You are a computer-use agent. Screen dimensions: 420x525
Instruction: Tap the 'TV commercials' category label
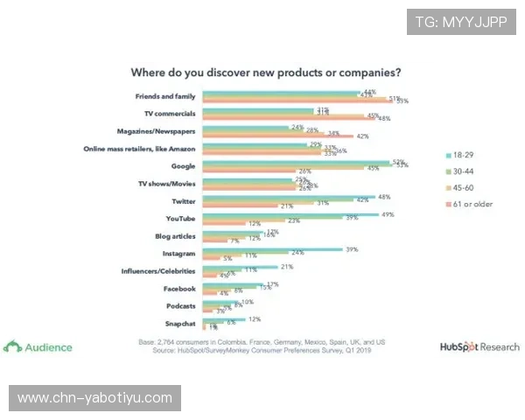[x=170, y=114]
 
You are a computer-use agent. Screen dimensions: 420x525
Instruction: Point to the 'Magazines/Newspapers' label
[x=157, y=130]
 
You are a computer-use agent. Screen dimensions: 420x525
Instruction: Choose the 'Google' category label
[x=183, y=165]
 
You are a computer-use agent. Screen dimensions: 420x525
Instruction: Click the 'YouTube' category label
[x=181, y=217]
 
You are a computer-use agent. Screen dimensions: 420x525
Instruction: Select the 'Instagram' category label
[x=178, y=252]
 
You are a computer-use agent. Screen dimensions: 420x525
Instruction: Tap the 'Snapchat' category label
[x=179, y=322]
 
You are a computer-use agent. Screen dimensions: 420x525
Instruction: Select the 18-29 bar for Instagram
[x=273, y=249]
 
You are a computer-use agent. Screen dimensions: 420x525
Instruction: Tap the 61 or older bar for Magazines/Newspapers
[x=277, y=136]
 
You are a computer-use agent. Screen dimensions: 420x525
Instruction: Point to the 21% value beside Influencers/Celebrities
[x=285, y=267]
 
